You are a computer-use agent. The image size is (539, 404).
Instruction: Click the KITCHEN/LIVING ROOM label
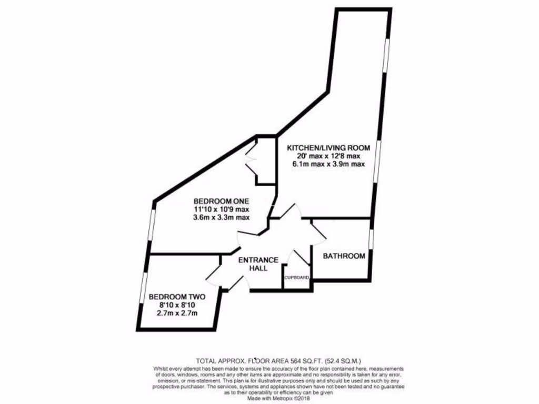328,148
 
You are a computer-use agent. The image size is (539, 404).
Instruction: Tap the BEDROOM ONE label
221,201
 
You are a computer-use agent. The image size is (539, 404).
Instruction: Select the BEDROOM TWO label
177,297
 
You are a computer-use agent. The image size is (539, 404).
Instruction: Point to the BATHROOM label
344,256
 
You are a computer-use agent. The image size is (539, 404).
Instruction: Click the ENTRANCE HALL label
258,264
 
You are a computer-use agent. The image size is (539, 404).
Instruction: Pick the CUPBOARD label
297,278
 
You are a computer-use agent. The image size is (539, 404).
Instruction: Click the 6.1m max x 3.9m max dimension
328,164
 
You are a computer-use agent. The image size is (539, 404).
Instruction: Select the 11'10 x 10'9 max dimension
221,209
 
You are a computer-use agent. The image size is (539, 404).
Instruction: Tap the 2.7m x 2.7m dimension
177,313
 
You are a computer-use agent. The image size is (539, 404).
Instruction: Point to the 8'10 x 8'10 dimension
177,305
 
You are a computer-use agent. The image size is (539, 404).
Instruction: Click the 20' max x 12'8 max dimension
328,156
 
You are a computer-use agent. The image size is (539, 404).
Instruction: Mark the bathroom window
371,239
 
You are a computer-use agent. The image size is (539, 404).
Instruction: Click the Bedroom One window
152,225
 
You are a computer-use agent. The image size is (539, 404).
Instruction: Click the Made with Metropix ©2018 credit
278,399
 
